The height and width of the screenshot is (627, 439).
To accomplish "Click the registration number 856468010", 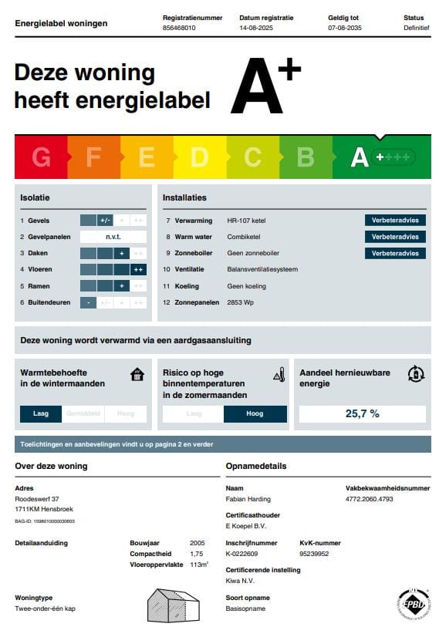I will click(179, 27).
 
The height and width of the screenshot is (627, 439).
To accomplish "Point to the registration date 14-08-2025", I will click(257, 27).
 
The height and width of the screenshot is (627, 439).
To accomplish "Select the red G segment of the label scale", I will click(41, 157).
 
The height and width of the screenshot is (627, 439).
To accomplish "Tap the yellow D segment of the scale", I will click(199, 157).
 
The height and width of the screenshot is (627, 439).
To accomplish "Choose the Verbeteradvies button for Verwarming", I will click(395, 220).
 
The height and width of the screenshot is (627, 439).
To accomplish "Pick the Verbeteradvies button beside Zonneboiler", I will click(395, 253).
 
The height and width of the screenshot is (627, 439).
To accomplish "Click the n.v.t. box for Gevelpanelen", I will click(113, 237).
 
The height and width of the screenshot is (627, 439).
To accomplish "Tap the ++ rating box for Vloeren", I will click(138, 269).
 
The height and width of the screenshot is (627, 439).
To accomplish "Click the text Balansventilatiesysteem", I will click(262, 269).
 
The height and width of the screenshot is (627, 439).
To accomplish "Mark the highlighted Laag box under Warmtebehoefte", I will click(41, 413).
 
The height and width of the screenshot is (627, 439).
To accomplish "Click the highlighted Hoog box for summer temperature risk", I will click(255, 413).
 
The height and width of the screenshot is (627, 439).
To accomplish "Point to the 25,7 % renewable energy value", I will click(362, 413).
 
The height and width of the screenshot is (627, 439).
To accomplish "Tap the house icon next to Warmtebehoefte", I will click(137, 375).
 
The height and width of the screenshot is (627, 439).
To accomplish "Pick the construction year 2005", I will click(198, 543).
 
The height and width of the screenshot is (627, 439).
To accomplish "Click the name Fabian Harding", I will click(248, 499).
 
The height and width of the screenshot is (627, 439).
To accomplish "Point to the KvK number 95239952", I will click(314, 554).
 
